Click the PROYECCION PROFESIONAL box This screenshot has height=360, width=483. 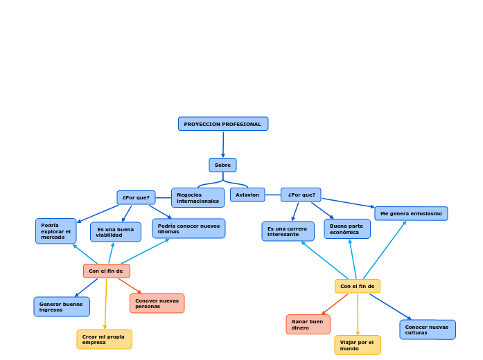tap(223, 124)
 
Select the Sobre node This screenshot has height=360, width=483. tap(222, 165)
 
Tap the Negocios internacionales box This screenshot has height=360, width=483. tap(197, 198)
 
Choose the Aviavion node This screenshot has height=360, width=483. tap(247, 195)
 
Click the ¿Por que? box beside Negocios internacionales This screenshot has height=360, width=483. tap(136, 197)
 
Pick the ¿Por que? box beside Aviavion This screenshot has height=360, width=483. tap(301, 195)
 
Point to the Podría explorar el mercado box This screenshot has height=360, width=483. tap(55, 231)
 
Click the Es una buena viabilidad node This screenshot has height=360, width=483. tap(115, 232)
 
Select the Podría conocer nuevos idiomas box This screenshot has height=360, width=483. tap(188, 228)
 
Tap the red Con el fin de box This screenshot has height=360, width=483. tap(106, 271)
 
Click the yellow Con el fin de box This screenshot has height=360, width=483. tap(357, 286)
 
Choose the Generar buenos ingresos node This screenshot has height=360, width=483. tap(61, 307)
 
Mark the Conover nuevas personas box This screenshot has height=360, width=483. tap(157, 303)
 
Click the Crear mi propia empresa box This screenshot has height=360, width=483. tap(104, 339)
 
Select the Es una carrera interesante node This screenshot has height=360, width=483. tap(288, 231)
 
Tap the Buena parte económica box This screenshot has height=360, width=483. tap(346, 229)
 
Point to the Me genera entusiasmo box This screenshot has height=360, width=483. tap(411, 213)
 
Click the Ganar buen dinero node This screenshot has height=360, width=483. tap(308, 325)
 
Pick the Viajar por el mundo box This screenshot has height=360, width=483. tap(357, 345)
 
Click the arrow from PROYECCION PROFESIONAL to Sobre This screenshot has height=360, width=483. tap(223, 145)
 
